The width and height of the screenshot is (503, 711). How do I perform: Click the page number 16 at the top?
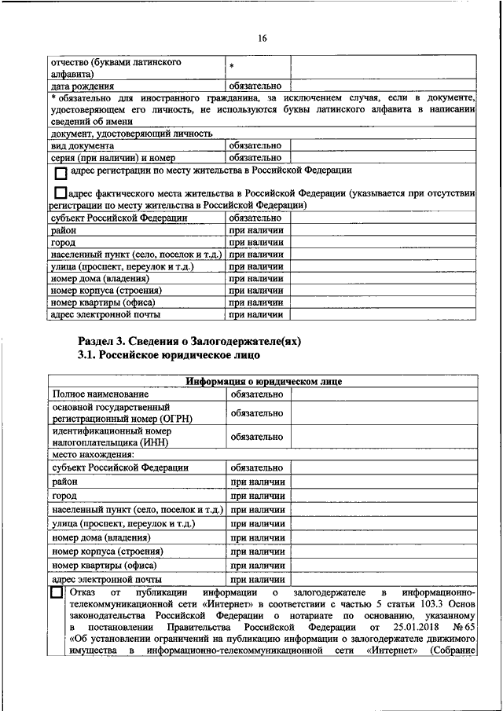263,37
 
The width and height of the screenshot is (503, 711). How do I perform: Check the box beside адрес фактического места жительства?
61,192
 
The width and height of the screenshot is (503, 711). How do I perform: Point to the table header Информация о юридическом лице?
263,382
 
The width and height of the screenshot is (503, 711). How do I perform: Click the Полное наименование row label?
99,393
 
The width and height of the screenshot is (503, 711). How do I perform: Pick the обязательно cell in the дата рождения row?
255,86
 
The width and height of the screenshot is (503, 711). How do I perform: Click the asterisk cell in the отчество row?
233,68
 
